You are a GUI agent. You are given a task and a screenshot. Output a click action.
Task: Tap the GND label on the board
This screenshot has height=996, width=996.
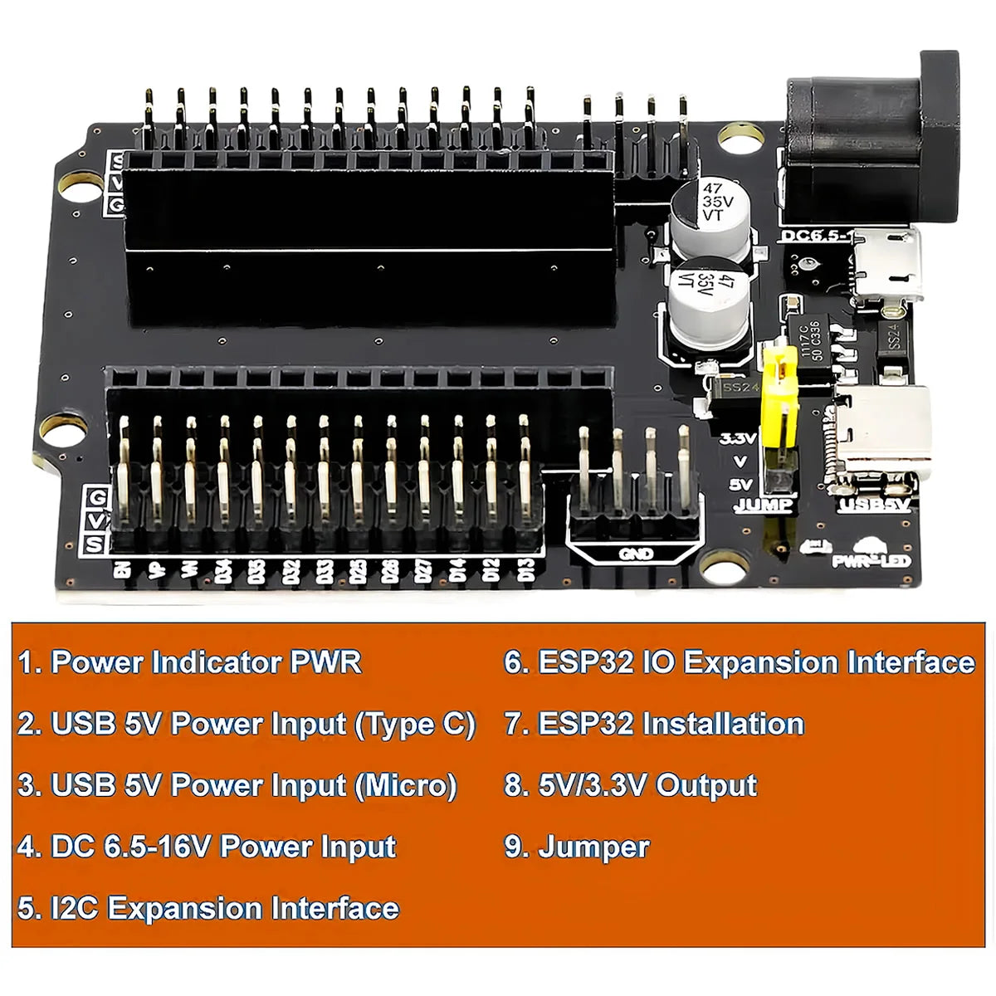(x=635, y=554)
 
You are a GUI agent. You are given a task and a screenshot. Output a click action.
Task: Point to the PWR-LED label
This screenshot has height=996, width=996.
(x=871, y=561)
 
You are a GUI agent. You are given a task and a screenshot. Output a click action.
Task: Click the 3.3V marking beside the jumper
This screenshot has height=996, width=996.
(x=737, y=438)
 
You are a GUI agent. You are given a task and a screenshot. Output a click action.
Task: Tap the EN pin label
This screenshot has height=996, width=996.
(x=122, y=570)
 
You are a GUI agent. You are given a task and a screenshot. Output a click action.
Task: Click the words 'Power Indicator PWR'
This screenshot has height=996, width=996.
(x=206, y=662)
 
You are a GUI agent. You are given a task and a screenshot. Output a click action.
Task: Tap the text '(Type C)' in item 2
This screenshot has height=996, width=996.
(x=415, y=724)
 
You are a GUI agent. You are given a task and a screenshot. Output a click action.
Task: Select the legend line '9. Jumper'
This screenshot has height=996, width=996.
(x=577, y=847)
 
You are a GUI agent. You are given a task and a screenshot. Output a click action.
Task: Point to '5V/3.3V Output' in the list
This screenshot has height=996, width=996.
(x=647, y=785)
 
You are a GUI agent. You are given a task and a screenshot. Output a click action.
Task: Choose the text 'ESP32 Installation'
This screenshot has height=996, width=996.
(x=671, y=724)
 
